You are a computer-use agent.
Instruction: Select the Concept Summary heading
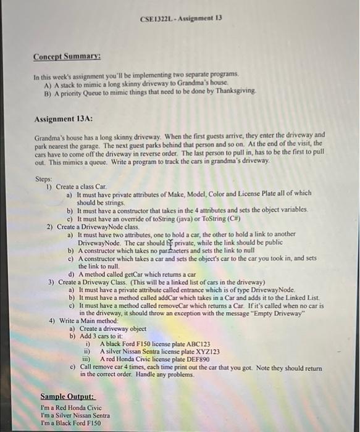click(x=67, y=58)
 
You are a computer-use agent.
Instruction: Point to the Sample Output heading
click(x=67, y=396)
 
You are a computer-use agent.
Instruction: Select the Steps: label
click(x=44, y=179)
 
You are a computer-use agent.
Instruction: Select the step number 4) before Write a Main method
click(x=52, y=320)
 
